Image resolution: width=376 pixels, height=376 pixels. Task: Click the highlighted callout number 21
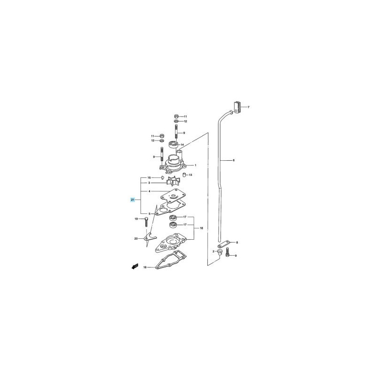click(133, 200)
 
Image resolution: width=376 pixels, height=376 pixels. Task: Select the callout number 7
click(249, 107)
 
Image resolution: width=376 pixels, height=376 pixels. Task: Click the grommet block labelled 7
click(237, 107)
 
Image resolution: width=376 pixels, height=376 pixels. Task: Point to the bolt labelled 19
click(146, 222)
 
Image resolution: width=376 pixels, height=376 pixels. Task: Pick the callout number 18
click(145, 267)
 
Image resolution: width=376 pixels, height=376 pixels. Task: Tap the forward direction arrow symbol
click(135, 266)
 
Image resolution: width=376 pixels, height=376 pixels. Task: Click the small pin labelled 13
click(185, 174)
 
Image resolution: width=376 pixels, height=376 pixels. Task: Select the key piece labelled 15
click(162, 178)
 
